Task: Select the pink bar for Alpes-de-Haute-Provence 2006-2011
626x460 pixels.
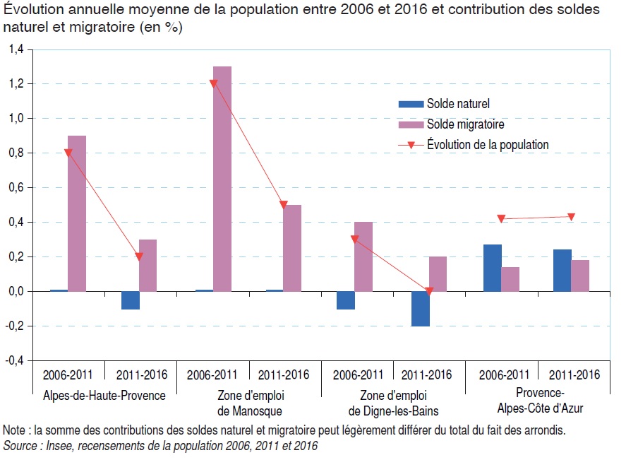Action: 77,213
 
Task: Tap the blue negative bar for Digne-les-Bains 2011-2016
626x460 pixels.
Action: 421,309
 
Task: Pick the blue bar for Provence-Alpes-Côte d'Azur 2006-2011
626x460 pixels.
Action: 493,268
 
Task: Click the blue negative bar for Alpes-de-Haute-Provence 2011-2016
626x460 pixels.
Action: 131,300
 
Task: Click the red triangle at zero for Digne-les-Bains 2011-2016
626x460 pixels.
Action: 429,291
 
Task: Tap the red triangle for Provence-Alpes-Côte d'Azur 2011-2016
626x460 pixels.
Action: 572,217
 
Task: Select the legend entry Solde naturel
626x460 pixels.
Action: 457,104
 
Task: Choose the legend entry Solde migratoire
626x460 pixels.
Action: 465,124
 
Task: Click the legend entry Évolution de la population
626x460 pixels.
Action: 487,145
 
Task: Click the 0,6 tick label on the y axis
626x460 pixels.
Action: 16,188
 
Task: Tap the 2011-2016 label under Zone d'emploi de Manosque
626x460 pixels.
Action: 285,375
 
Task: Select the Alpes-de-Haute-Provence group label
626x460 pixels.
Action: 104,396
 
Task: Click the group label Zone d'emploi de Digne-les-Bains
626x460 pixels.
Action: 393,403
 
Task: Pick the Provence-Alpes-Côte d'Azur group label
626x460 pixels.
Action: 539,401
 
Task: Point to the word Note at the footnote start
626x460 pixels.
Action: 13,430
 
